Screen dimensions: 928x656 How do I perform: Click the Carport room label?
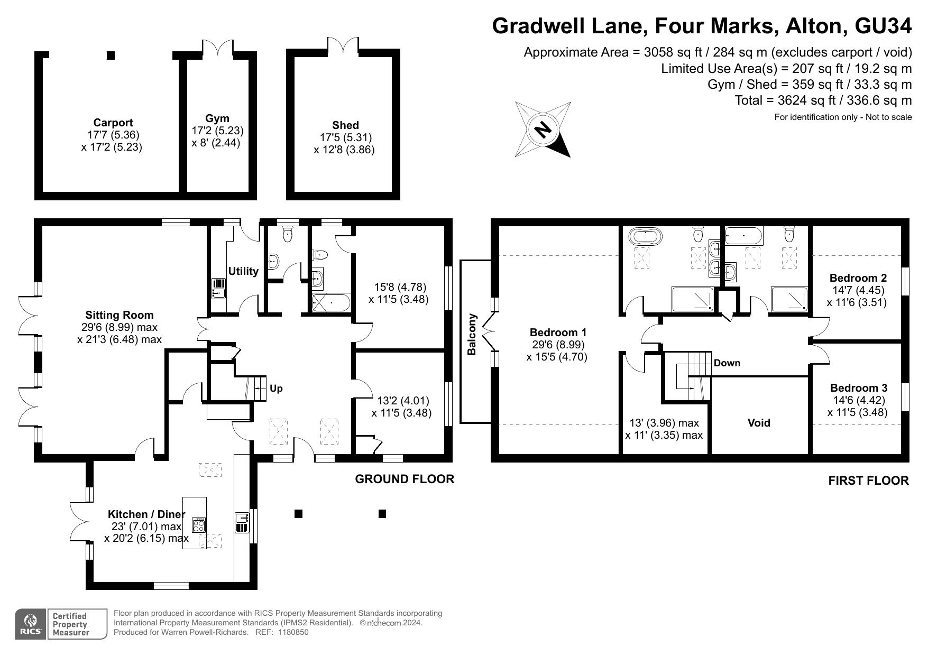click(x=113, y=123)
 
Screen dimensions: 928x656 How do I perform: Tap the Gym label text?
click(x=217, y=118)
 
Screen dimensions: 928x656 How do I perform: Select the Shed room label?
click(x=345, y=125)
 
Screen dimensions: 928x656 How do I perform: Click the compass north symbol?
click(x=543, y=130)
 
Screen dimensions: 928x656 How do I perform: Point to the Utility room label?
click(x=243, y=271)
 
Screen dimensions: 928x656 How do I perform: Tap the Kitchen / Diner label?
click(x=146, y=514)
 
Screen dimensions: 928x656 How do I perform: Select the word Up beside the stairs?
click(x=276, y=389)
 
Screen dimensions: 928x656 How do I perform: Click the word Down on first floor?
click(x=727, y=363)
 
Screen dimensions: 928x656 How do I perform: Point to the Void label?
click(x=759, y=423)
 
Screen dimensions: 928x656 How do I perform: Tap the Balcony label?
click(x=472, y=335)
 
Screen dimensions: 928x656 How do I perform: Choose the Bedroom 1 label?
click(x=558, y=332)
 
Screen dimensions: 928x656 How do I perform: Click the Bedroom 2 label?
click(x=858, y=278)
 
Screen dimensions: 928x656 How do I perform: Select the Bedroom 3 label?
click(x=859, y=388)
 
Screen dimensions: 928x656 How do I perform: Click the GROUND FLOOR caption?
click(x=405, y=479)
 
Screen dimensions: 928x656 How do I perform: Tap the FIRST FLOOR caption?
click(x=868, y=481)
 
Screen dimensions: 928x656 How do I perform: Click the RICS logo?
click(x=31, y=624)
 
